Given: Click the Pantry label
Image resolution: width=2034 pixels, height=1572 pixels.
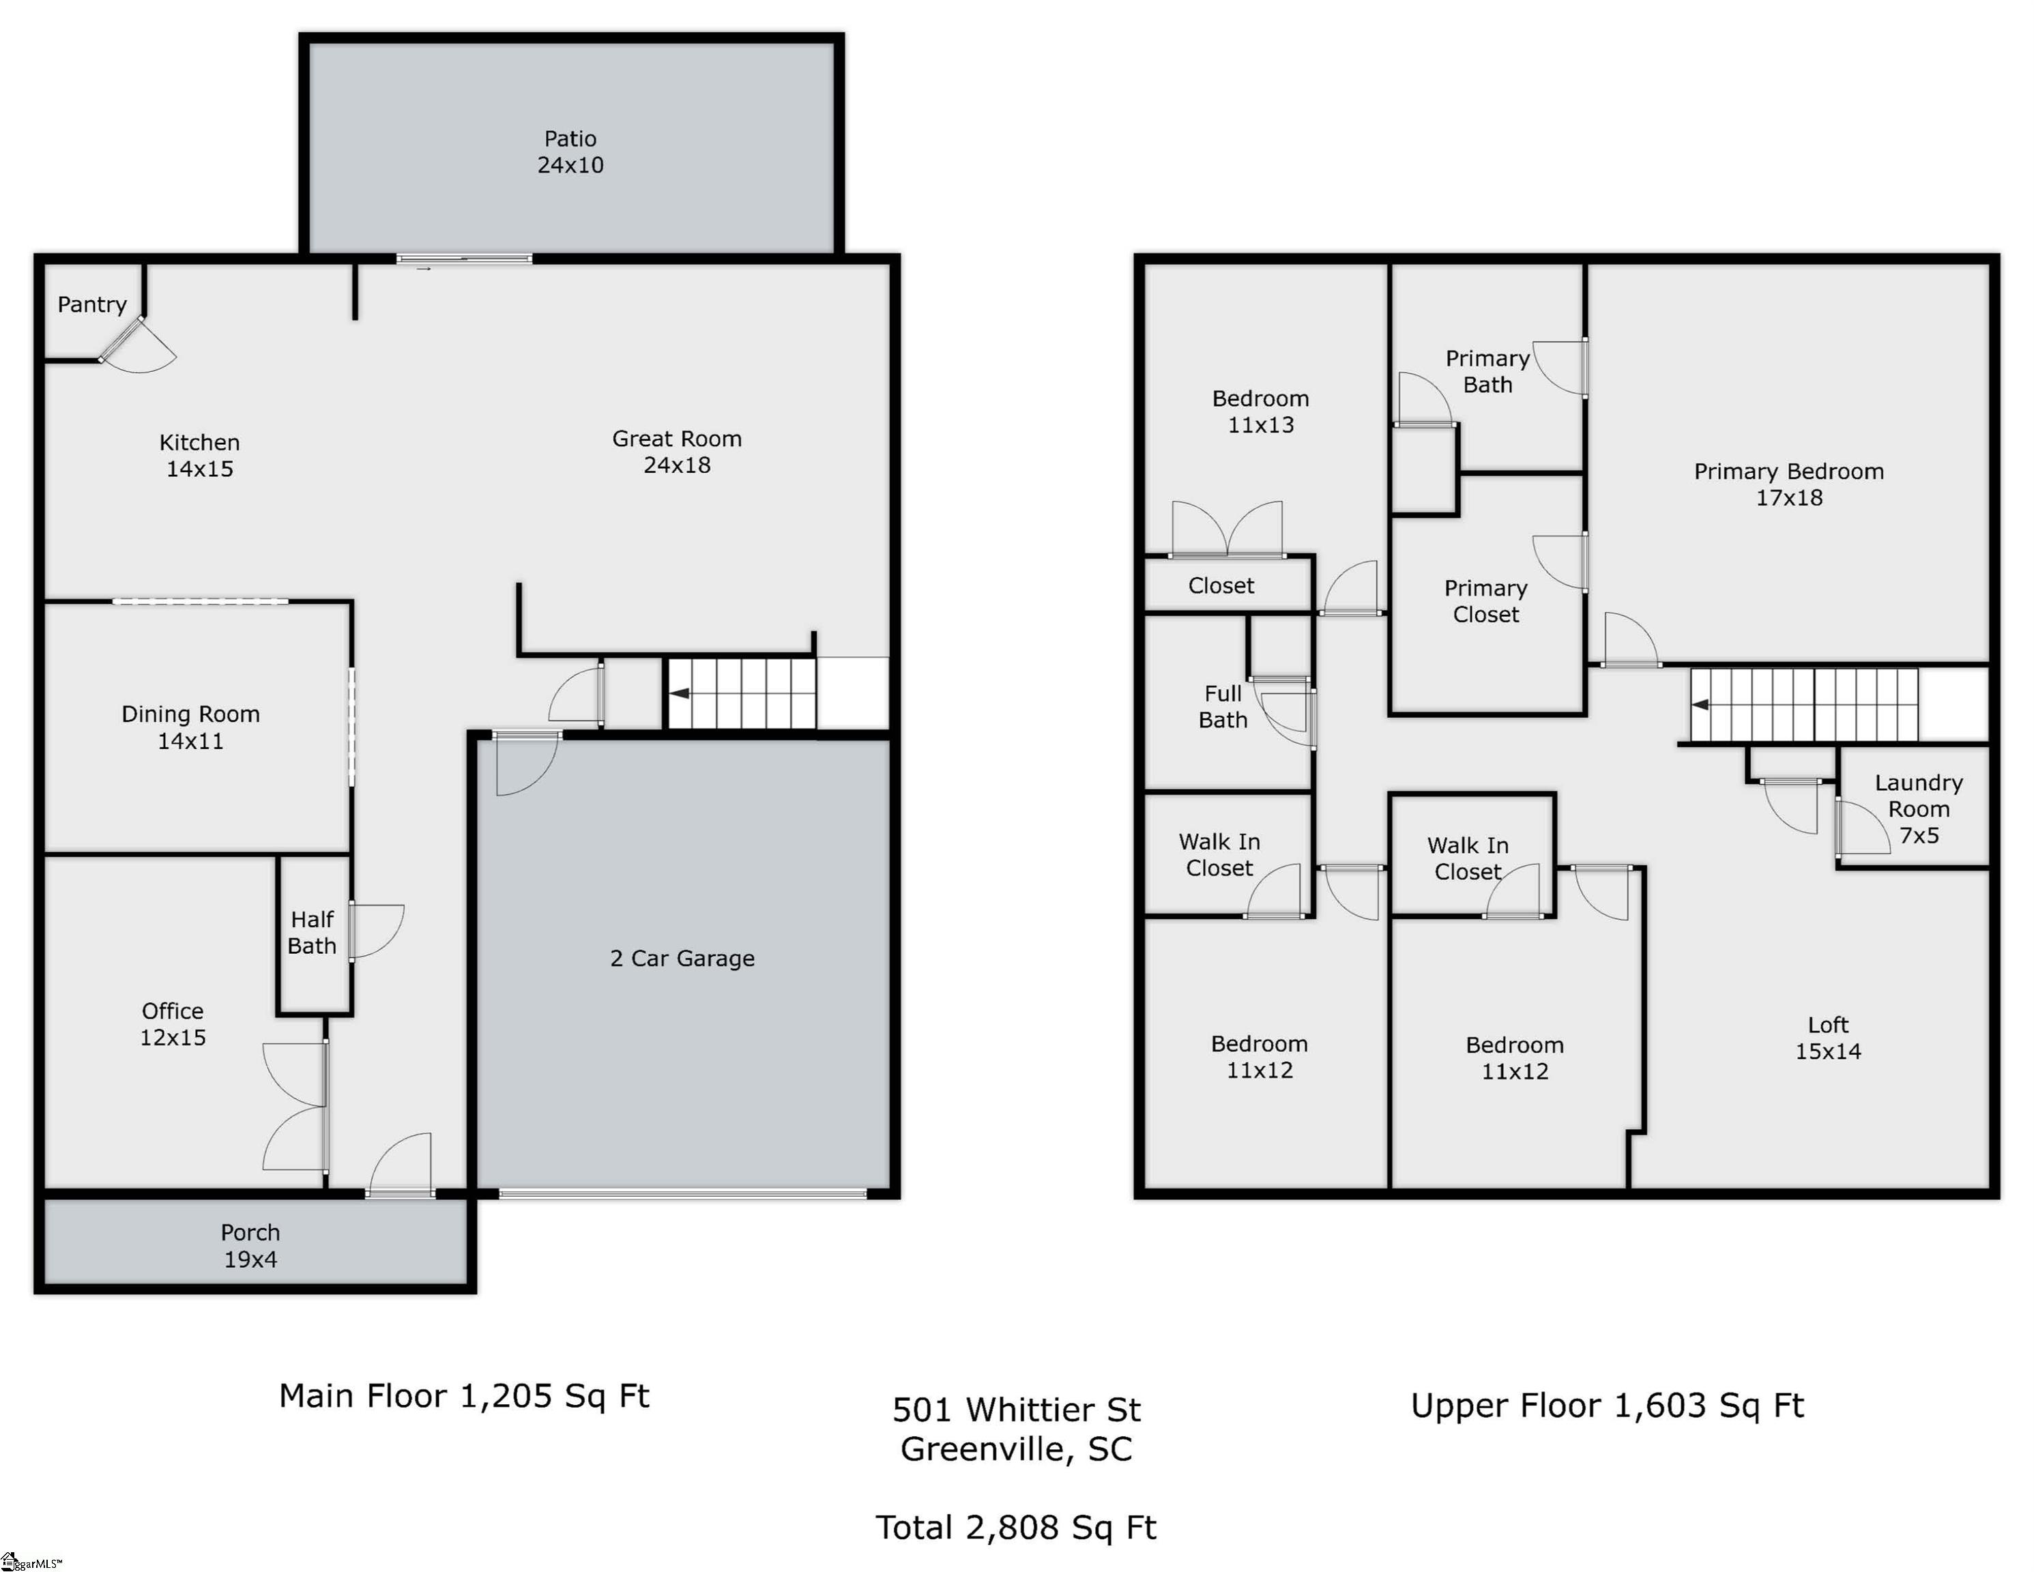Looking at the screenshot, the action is [x=92, y=304].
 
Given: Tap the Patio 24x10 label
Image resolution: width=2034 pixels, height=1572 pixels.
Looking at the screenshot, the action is [x=570, y=151].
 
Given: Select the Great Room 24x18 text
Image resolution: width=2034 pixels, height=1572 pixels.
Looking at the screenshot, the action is [x=677, y=452].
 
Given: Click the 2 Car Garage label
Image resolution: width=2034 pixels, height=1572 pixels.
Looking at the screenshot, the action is [x=682, y=959].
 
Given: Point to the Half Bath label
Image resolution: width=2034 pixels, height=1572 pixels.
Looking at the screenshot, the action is [x=312, y=932].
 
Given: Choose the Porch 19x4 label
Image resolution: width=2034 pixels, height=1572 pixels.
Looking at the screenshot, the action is [x=250, y=1245].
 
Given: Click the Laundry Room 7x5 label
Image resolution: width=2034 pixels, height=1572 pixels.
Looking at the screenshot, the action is [x=1919, y=809].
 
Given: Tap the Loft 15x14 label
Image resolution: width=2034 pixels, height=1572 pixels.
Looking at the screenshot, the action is [x=1828, y=1038].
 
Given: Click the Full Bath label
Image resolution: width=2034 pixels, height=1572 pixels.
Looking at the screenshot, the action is [x=1223, y=706].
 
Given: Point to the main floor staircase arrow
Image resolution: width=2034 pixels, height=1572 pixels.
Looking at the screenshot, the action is [x=680, y=694].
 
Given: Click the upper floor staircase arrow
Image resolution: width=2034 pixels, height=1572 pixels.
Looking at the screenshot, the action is [x=1700, y=705].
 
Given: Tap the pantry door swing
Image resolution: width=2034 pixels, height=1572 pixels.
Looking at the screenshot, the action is [x=137, y=345].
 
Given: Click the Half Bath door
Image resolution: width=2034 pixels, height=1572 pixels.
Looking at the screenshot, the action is [x=376, y=931].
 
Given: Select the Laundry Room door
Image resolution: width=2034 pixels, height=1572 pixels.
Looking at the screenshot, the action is [x=1861, y=827].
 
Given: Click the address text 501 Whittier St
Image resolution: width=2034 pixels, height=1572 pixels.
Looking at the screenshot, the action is [x=1016, y=1410].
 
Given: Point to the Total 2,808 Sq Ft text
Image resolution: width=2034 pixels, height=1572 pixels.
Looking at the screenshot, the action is [x=1016, y=1527].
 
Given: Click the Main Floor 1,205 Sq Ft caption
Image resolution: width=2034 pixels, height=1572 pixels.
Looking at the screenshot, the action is [x=464, y=1396].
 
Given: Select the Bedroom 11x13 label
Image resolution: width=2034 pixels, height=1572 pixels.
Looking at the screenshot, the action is [x=1261, y=411].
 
